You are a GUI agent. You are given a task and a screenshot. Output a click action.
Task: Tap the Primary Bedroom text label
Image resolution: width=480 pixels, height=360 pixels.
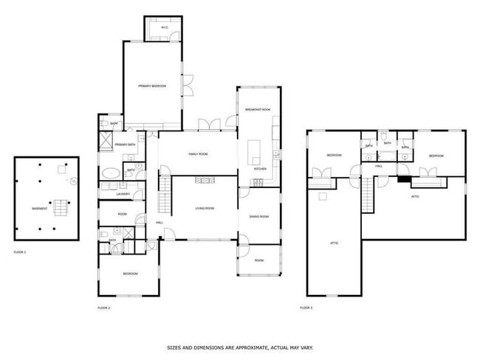point(151,86)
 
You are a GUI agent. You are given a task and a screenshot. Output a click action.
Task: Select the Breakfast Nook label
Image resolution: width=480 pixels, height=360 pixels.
point(258,110)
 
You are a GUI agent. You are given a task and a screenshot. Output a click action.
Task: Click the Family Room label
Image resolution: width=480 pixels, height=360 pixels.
point(198,154)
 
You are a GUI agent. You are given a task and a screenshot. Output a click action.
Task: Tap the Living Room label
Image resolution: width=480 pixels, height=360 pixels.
point(205,209)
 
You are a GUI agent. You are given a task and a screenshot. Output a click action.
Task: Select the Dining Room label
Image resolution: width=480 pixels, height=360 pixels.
point(258,216)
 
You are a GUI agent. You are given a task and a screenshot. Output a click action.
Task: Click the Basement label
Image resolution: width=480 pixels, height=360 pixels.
point(40,209)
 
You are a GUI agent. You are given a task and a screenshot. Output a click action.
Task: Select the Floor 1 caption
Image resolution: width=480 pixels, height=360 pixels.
point(20,253)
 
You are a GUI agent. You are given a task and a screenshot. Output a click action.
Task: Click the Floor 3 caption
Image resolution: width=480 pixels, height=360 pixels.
point(306,307)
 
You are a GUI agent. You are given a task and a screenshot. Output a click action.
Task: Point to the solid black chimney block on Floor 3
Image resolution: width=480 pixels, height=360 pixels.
point(403,179)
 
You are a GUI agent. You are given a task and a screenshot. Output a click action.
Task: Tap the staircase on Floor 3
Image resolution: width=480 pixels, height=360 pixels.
point(368,194)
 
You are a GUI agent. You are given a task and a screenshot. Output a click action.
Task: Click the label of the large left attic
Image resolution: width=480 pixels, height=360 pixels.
point(334,242)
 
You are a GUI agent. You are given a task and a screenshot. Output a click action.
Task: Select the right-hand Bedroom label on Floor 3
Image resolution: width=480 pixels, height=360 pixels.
point(436,156)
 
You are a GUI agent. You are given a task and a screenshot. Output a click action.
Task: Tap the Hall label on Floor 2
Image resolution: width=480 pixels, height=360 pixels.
point(159,223)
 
